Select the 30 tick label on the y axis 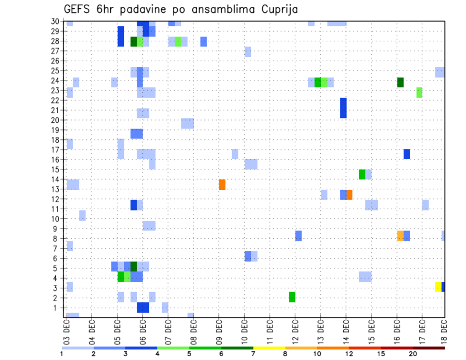click(55, 21)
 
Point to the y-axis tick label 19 click(55, 130)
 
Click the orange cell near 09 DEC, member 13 click(222, 184)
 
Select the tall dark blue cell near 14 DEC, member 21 click(343, 108)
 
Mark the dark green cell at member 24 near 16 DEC click(400, 82)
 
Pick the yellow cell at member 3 click(438, 287)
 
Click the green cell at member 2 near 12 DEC click(292, 297)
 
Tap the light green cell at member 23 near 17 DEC click(419, 92)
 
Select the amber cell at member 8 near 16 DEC click(400, 236)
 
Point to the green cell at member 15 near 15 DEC click(362, 174)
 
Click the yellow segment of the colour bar click(269, 348)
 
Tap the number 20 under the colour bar click(413, 354)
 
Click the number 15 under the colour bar click(381, 354)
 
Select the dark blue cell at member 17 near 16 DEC click(407, 154)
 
